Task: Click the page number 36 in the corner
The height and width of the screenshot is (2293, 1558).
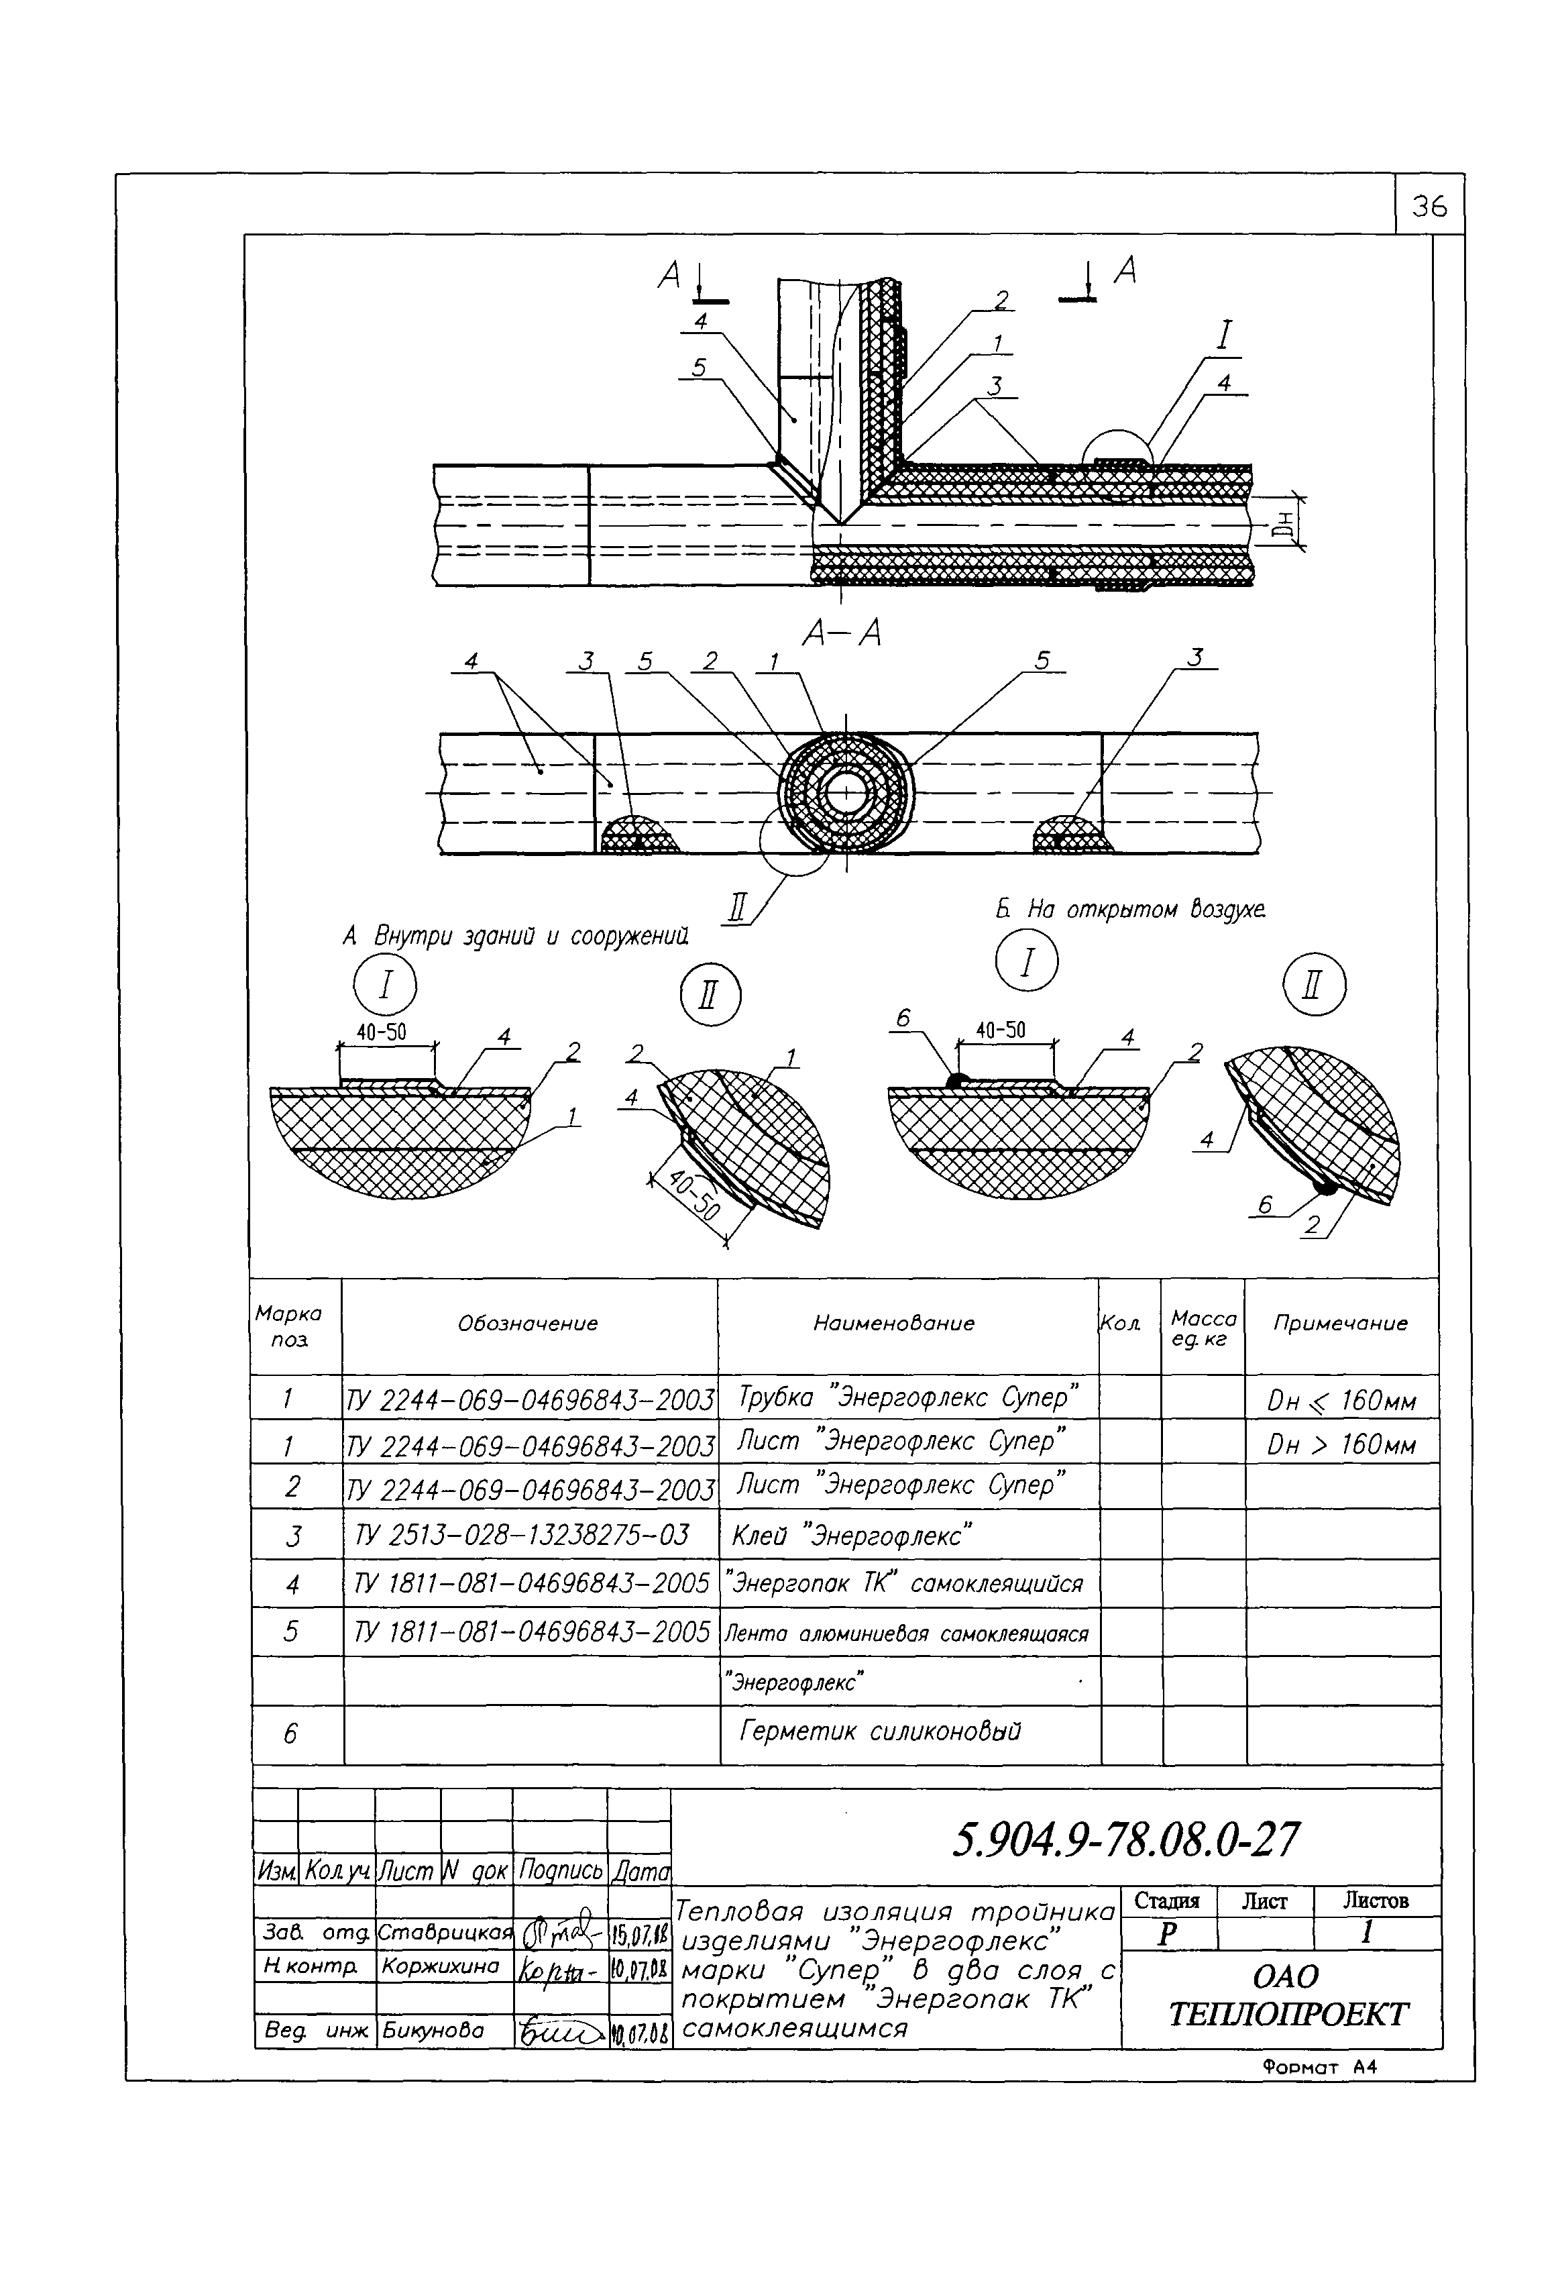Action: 1429,206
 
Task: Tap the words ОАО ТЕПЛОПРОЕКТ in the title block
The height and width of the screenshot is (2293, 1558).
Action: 1286,1996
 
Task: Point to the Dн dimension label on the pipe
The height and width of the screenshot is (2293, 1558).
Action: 1283,520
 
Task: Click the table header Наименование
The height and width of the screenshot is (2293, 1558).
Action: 893,1323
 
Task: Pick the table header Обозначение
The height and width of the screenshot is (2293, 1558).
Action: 527,1323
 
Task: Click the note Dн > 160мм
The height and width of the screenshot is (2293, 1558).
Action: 1341,1446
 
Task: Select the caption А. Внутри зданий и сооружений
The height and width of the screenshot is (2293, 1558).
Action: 515,935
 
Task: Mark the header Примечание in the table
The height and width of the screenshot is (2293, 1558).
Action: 1340,1323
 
